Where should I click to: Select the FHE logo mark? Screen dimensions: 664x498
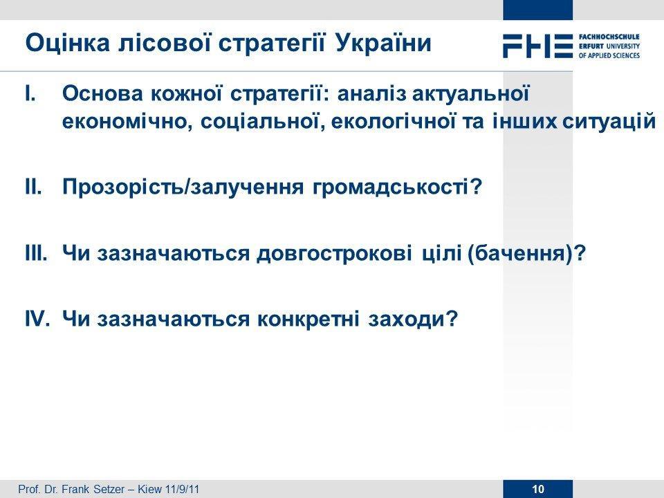538,46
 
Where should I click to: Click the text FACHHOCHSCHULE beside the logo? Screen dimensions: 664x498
609,37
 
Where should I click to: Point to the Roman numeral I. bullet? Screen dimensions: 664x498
31,93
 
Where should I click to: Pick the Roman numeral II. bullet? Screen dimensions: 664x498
33,187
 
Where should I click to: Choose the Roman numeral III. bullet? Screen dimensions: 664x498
36,253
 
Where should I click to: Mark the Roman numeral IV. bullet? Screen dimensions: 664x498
37,318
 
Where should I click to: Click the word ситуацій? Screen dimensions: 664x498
609,122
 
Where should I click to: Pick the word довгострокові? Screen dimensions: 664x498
334,253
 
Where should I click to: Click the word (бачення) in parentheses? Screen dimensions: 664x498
521,253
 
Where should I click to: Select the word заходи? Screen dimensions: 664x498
406,319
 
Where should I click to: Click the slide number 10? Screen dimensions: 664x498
538,490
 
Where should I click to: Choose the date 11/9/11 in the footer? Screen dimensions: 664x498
183,490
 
